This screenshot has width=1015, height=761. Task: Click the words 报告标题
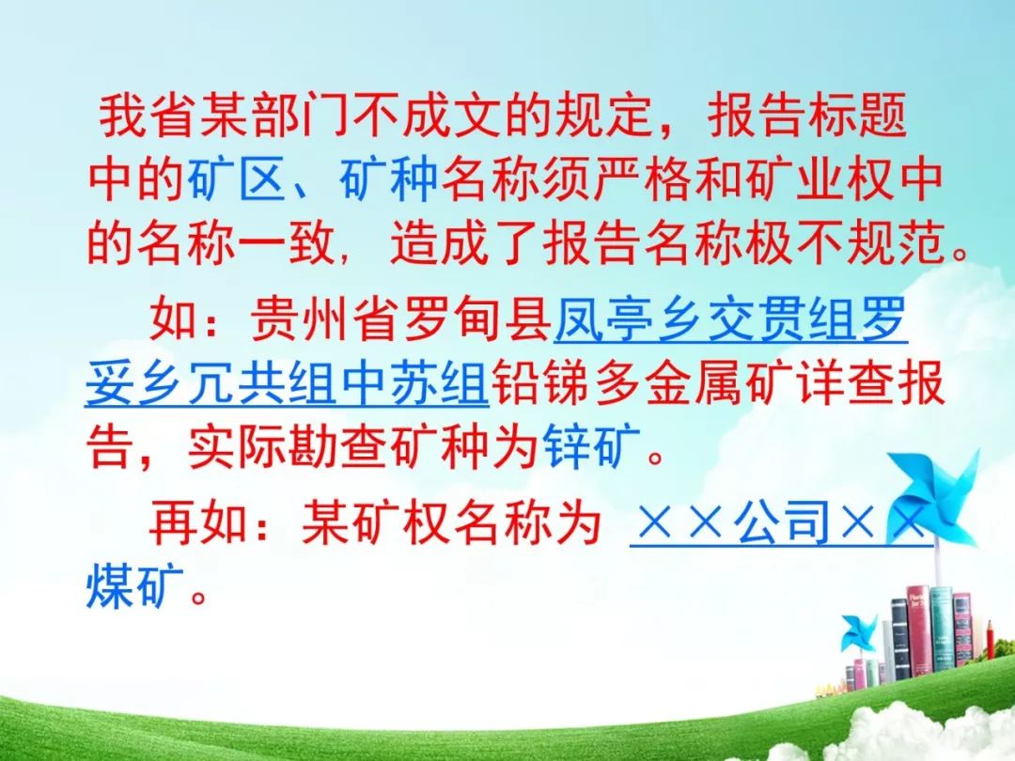807,116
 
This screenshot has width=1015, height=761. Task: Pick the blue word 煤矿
135,585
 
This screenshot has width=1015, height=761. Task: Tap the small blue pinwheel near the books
858,633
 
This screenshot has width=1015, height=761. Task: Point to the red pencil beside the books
991,647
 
